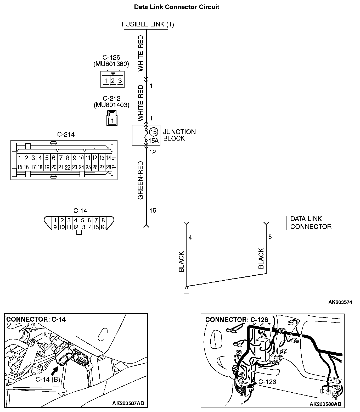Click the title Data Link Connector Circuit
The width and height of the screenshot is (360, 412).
coord(176,7)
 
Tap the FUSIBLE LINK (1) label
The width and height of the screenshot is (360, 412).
coord(148,24)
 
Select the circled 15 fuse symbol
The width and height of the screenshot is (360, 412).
coord(154,132)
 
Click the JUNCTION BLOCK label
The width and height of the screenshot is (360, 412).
coord(179,135)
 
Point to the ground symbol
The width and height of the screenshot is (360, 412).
coord(186,290)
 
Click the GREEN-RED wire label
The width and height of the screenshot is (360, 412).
coord(140,180)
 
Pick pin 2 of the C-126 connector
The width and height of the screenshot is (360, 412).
coord(113,81)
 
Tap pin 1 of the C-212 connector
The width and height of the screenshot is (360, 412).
coord(112,121)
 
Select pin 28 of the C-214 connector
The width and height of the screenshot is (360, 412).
coord(109,167)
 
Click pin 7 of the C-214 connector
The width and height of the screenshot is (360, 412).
coord(61,158)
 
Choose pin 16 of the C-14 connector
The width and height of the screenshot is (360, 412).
coord(103,227)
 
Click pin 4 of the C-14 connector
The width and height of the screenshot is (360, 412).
coord(76,220)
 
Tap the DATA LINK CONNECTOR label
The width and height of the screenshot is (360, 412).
coord(311,223)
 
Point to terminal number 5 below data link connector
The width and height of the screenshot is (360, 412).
coord(270,237)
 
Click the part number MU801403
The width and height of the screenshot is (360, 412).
coord(111,105)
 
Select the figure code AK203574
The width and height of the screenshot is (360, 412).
coord(340,302)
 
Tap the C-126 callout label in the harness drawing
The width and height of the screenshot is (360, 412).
coord(267,382)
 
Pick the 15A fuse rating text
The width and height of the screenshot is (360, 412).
coord(154,141)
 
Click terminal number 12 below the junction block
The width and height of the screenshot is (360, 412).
coord(152,152)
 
